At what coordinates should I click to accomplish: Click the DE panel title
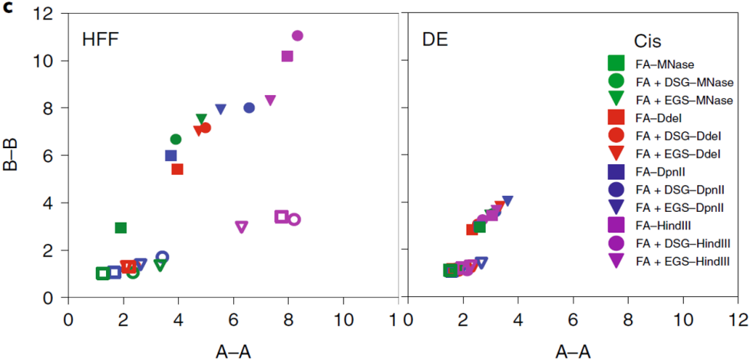pos(434,39)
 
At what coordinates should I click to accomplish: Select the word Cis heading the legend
pos(648,41)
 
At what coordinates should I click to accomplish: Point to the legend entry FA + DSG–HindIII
pos(682,243)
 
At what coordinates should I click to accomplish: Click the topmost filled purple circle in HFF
pos(298,36)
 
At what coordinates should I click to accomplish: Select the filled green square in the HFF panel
pos(121,227)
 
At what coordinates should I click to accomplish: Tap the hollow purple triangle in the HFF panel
pos(242,226)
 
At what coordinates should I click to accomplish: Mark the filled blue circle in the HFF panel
pos(249,108)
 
